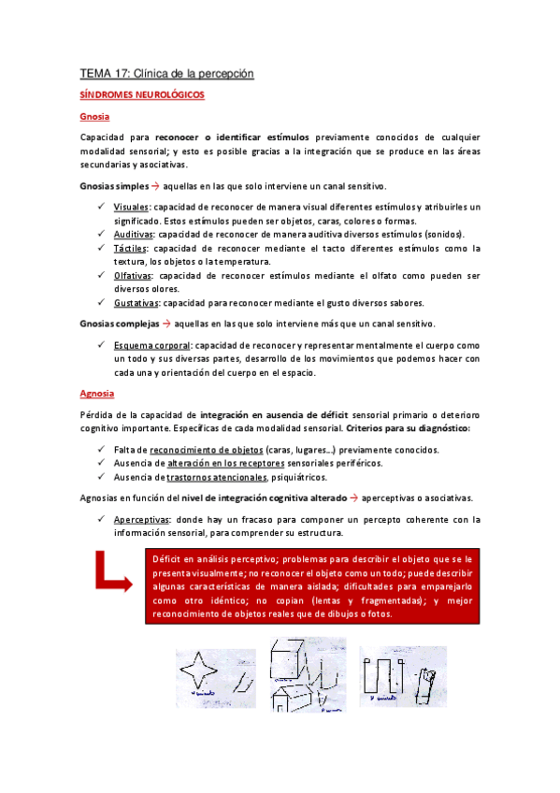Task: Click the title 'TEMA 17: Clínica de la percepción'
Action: [x=166, y=73]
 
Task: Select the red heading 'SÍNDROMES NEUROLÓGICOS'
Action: [x=143, y=95]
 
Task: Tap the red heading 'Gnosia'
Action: [x=94, y=117]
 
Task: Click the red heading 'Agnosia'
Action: [x=97, y=395]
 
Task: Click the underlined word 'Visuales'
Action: [x=131, y=207]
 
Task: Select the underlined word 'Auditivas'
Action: [x=134, y=234]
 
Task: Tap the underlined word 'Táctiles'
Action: [x=131, y=248]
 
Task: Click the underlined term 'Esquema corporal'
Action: [x=151, y=345]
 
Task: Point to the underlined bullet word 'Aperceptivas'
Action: [x=141, y=520]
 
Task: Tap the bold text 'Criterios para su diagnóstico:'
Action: [x=409, y=428]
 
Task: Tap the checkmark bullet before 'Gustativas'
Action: [x=101, y=302]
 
